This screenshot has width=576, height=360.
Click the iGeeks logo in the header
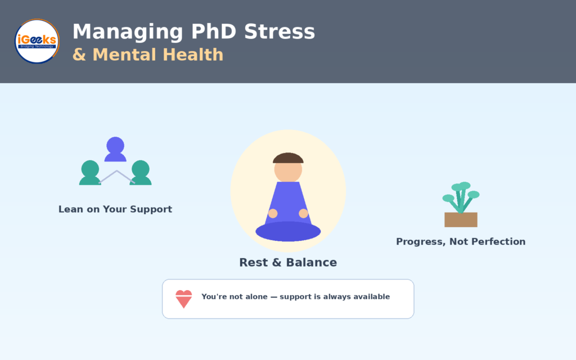tap(37, 41)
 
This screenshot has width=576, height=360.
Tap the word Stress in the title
tap(280, 31)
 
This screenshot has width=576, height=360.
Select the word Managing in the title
tap(128, 32)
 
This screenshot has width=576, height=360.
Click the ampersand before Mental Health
tap(79, 55)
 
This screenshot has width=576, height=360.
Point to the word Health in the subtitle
tap(193, 55)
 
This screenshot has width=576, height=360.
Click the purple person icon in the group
tap(115, 149)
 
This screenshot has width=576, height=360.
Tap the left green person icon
tap(90, 173)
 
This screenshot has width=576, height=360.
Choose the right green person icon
tap(140, 173)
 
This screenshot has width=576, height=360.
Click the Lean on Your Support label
tap(115, 209)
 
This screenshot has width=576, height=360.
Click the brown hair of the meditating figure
tap(288, 158)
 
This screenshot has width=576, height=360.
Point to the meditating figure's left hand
tap(273, 213)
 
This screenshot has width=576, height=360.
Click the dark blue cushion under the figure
tap(288, 231)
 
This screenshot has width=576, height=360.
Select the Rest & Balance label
tap(288, 263)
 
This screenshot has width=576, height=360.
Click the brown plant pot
tap(461, 220)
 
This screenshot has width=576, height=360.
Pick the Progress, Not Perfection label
tap(461, 242)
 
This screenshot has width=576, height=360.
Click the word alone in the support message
tap(256, 297)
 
